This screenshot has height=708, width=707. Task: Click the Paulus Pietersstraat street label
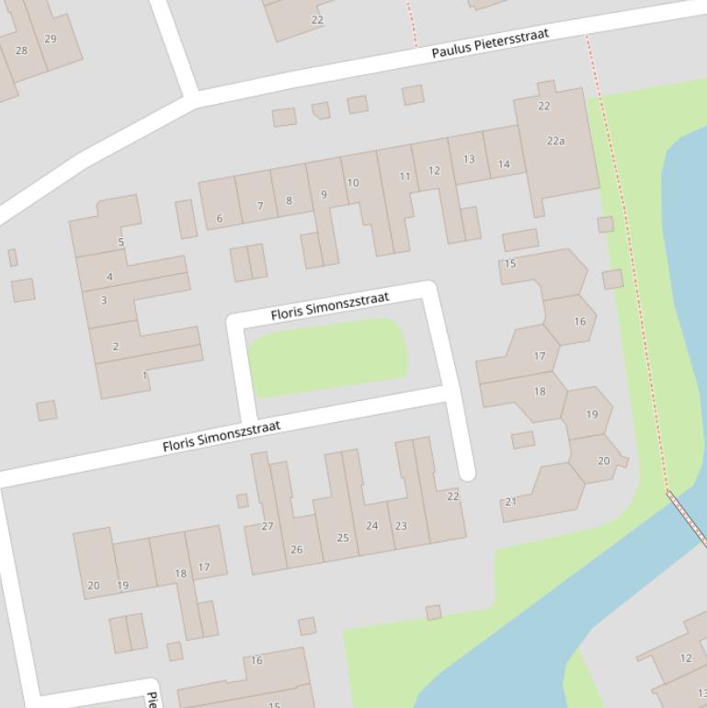coord(490,43)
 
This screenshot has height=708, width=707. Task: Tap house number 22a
coord(555,141)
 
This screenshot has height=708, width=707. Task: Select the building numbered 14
coord(504,164)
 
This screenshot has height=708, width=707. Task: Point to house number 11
coord(405,176)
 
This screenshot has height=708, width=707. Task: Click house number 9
coord(324,194)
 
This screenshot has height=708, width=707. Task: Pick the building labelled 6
coord(219,218)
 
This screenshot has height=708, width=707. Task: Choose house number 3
coord(104,300)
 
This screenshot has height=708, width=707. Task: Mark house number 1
coord(144,375)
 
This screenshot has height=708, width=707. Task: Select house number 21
coord(510,502)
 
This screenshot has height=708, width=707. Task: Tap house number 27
coord(268,526)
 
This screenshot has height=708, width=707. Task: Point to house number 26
coord(296,550)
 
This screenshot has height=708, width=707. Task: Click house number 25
coord(343,538)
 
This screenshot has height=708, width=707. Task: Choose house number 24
coord(371,526)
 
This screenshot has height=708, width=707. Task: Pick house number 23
coord(401,526)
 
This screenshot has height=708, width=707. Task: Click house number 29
coord(50,39)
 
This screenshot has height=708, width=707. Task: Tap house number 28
coord(21,50)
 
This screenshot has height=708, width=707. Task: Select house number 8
coord(289,200)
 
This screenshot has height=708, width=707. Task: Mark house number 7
coord(260,206)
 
